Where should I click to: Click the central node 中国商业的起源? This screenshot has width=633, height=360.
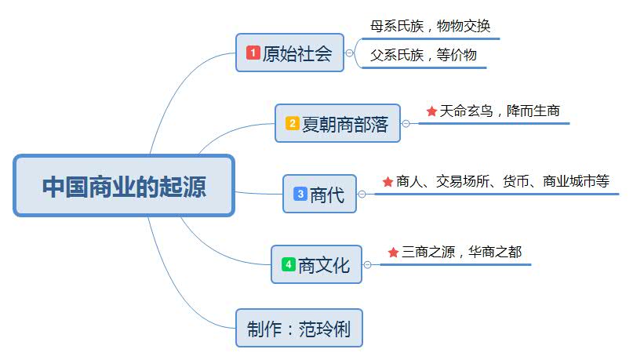click(124, 186)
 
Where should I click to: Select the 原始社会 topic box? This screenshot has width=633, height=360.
click(290, 53)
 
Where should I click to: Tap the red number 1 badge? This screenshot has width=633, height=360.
click(253, 53)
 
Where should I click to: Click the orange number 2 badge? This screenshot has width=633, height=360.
click(292, 123)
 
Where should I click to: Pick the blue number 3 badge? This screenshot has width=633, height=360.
click(300, 194)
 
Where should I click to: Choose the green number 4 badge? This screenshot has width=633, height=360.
click(288, 265)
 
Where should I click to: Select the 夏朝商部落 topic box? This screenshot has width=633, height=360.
click(337, 123)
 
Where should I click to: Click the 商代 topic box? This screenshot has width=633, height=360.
click(319, 194)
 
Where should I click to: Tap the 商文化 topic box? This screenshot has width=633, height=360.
click(317, 265)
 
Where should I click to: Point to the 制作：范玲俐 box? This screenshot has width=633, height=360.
click(299, 328)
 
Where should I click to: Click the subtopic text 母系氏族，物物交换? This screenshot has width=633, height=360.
click(430, 26)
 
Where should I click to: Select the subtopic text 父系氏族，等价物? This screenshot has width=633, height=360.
click(424, 55)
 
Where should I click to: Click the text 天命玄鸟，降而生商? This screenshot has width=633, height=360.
click(500, 111)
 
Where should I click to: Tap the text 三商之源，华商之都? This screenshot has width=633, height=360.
click(461, 252)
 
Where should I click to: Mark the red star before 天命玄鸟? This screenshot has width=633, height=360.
click(431, 111)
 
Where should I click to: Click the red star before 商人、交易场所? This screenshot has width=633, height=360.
click(387, 182)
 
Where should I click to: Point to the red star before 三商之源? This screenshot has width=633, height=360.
click(394, 253)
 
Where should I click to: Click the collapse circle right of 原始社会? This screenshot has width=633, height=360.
click(350, 53)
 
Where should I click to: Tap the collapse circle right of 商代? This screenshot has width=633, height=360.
click(362, 194)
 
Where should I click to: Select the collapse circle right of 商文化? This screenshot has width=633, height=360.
click(367, 265)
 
